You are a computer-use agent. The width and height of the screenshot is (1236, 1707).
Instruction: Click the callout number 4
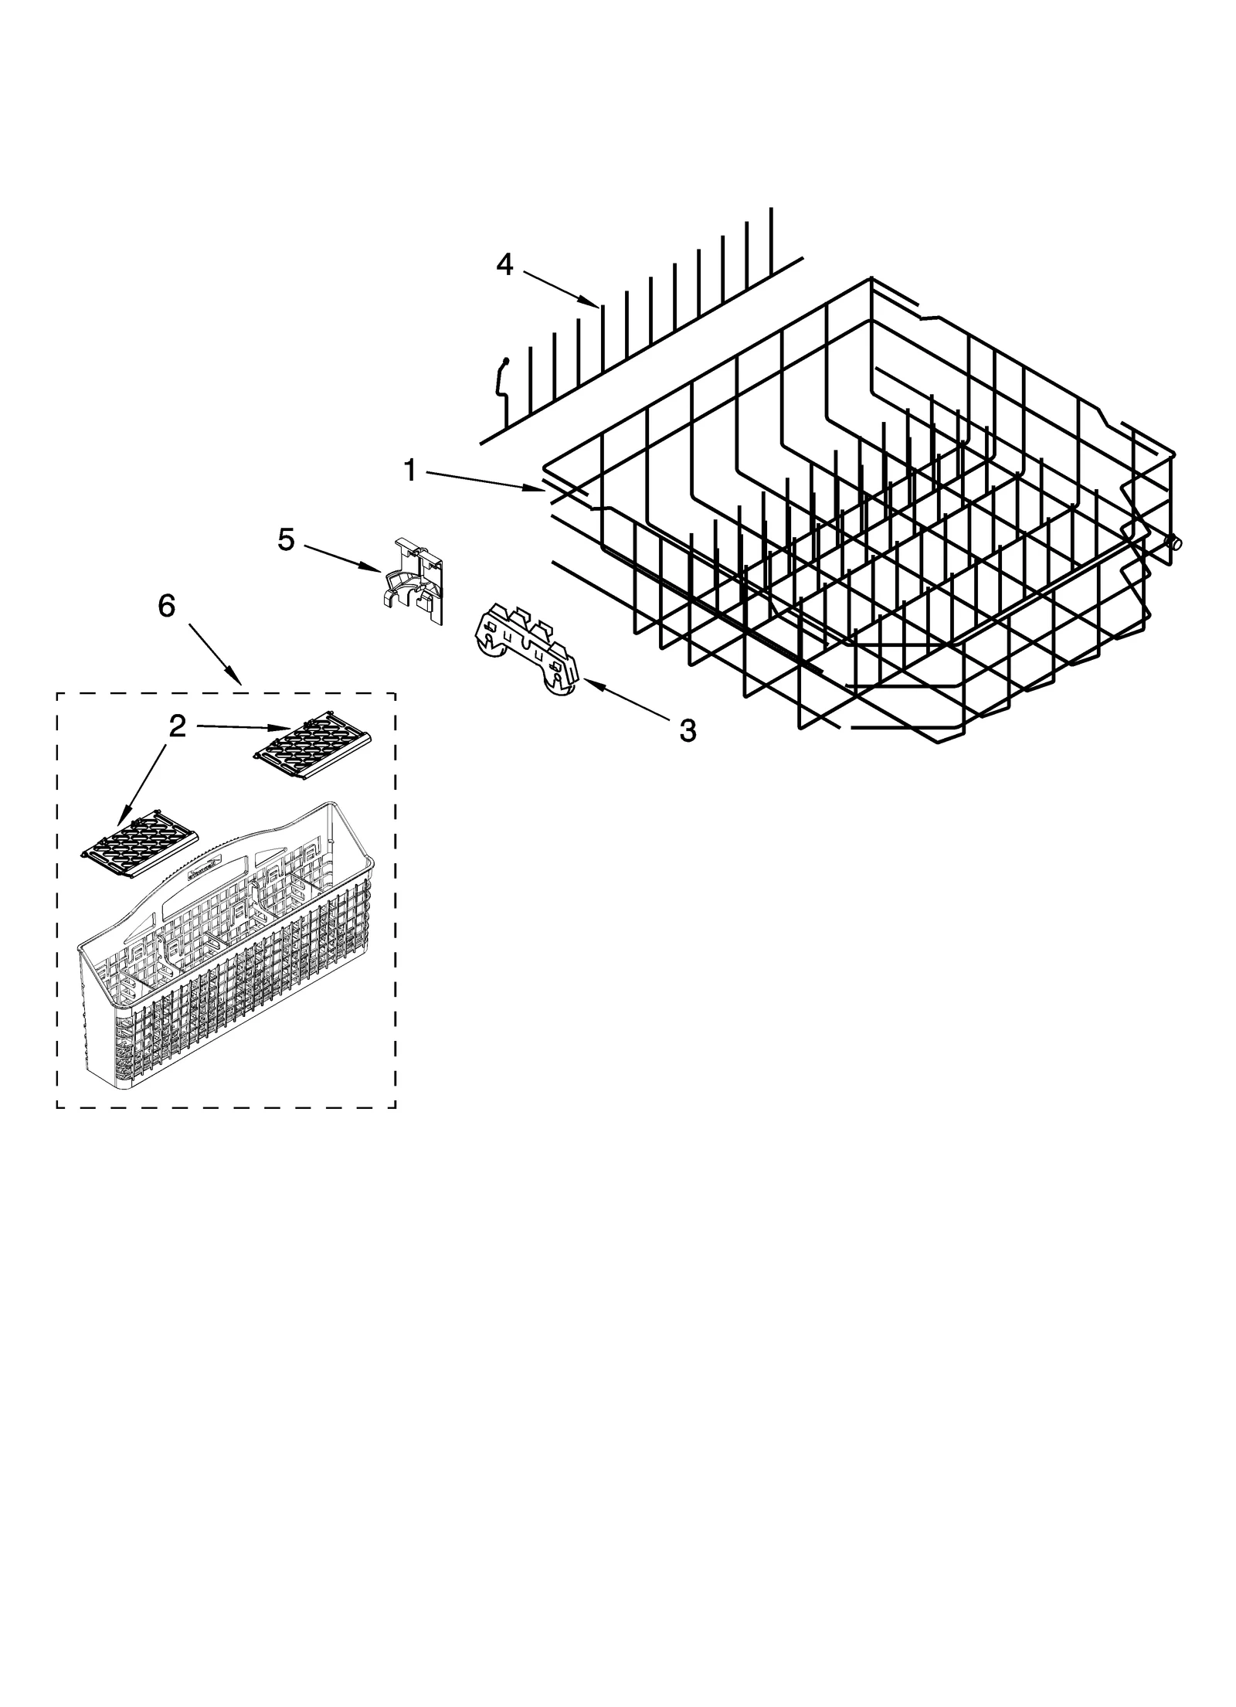(504, 265)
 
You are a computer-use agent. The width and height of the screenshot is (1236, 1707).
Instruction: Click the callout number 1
(410, 470)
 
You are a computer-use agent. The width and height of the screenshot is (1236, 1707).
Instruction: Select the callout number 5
(286, 540)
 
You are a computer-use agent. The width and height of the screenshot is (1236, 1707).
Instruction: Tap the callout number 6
(167, 607)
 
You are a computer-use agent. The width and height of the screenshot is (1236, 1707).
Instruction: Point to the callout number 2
(177, 726)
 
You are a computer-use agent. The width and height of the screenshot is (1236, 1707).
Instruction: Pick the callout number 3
(687, 729)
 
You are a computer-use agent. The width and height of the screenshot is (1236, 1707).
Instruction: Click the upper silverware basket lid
(313, 743)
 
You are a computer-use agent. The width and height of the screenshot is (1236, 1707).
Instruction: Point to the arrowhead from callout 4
(595, 303)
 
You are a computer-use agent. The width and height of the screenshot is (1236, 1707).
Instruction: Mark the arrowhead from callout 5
(378, 570)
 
